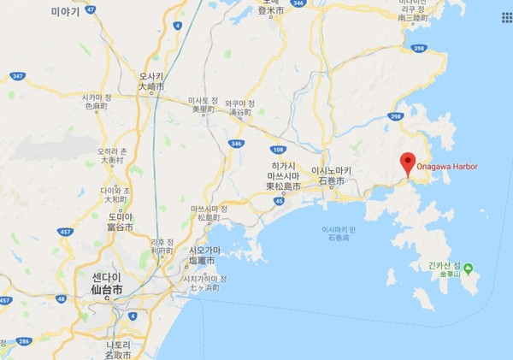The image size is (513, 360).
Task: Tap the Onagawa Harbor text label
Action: point(448,166)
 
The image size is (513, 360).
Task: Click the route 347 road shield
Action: point(16,76)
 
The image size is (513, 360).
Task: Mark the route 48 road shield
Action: point(61,299)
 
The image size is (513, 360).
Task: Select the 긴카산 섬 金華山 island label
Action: point(445,269)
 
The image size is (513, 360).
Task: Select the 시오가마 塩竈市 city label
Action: point(203,255)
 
